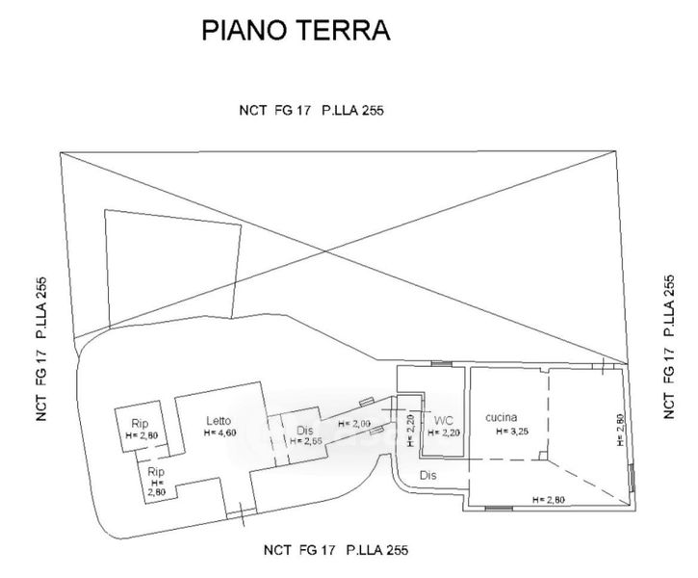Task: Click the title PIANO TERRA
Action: (296, 30)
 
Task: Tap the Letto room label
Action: (219, 420)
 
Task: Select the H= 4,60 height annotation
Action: (220, 433)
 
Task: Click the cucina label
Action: (502, 417)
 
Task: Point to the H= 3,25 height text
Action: (512, 431)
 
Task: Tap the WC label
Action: (444, 420)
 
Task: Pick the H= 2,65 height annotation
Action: (306, 441)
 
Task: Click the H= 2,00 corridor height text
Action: (354, 424)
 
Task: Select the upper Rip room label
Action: (140, 424)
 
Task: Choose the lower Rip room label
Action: (156, 472)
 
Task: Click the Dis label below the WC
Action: (428, 475)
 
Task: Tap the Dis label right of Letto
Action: (305, 431)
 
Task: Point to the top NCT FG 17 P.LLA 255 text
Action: (311, 110)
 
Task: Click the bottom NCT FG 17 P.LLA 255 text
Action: (336, 550)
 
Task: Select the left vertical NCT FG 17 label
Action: (41, 349)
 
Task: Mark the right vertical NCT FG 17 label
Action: (669, 347)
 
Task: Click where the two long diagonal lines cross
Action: (325, 251)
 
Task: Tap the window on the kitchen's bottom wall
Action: (499, 508)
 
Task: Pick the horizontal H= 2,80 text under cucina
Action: (549, 500)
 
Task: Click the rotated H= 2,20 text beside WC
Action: (410, 431)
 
